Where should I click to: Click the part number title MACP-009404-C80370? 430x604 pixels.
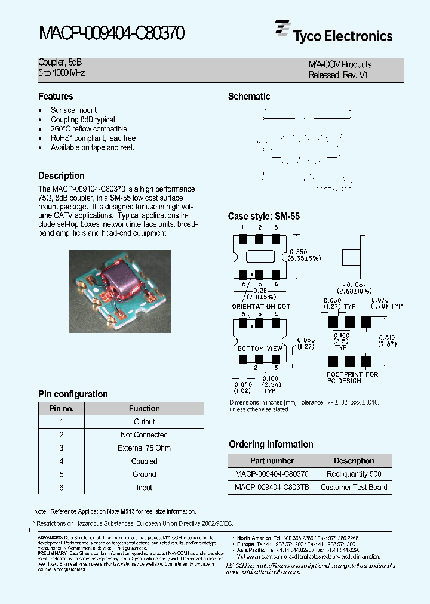click(x=112, y=33)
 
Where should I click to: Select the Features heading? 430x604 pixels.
click(x=56, y=96)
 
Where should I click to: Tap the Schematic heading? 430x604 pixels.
click(x=249, y=96)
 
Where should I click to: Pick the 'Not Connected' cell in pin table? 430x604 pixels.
click(x=144, y=435)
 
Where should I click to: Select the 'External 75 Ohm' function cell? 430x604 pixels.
click(x=144, y=448)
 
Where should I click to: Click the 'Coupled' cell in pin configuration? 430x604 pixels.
click(x=144, y=461)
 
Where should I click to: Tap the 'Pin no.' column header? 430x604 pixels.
click(x=61, y=409)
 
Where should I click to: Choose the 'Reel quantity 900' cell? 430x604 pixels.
click(x=354, y=474)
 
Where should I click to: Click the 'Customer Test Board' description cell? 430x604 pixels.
click(x=354, y=487)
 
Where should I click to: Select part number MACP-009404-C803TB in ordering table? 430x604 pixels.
click(x=272, y=487)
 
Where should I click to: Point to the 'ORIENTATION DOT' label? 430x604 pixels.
click(x=261, y=306)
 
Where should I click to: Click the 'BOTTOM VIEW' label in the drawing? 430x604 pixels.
click(x=260, y=348)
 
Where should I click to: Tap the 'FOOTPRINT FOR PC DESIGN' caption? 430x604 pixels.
click(x=352, y=378)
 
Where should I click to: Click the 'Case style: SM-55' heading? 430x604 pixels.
click(x=264, y=217)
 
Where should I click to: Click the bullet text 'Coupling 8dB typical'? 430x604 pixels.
click(x=83, y=119)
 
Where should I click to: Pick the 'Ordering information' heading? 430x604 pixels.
click(x=271, y=444)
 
